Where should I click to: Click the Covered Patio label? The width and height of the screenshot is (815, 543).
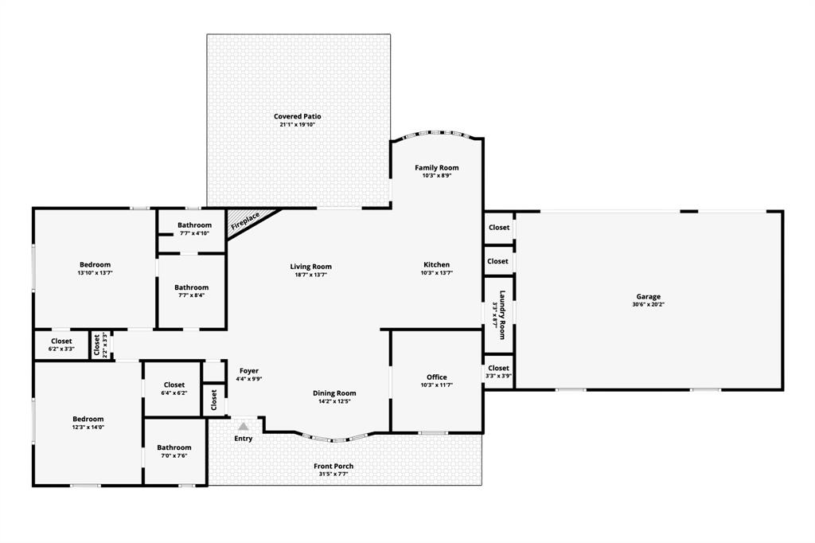[298, 116]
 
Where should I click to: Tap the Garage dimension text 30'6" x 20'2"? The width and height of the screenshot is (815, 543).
[648, 305]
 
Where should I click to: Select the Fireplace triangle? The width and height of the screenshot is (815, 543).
[248, 219]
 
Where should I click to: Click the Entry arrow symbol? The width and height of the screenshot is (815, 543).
[243, 428]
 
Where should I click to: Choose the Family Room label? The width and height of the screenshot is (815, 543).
[436, 168]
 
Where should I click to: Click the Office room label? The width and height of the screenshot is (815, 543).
[436, 377]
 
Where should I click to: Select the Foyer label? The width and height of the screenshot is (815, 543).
[248, 371]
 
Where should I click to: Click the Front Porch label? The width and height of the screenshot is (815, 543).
[333, 466]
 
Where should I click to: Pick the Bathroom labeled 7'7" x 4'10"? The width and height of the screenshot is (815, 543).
[194, 225]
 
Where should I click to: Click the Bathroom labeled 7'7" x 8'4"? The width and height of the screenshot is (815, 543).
[191, 287]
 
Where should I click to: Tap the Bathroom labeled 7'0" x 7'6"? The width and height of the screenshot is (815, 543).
[174, 447]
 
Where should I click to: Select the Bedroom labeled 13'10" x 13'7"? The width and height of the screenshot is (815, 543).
[95, 264]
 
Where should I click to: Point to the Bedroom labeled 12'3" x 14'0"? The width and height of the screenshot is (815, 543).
[88, 419]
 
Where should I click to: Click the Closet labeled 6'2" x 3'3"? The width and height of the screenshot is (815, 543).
[61, 342]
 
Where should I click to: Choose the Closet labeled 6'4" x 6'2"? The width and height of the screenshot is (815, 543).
[174, 385]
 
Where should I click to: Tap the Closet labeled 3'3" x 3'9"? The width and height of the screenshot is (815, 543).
[498, 368]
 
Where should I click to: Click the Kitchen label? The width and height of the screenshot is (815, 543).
[436, 264]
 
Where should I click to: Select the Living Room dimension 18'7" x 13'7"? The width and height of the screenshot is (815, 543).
[310, 275]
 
